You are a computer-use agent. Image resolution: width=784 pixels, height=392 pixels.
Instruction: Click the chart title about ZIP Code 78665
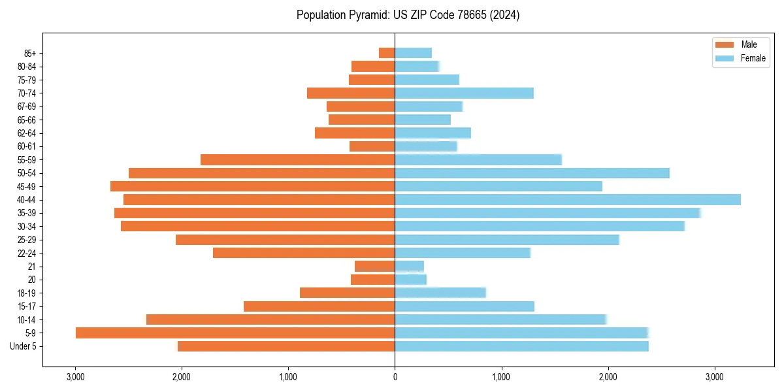pos(408,15)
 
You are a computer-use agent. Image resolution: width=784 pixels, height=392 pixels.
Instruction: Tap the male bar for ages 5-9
pos(235,333)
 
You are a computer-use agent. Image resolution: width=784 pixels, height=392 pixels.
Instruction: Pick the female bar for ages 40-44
pos(568,199)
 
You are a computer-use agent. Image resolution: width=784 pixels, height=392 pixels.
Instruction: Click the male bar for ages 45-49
pos(252,186)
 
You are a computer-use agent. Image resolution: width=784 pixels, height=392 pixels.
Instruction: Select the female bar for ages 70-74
pos(464,93)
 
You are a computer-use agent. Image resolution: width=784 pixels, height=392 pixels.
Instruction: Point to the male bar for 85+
pos(387,53)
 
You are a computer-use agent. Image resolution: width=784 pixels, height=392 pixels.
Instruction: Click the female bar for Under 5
pos(521,346)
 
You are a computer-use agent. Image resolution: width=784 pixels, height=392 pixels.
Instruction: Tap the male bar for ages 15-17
pos(319,306)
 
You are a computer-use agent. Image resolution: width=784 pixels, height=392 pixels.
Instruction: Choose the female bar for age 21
pos(409,266)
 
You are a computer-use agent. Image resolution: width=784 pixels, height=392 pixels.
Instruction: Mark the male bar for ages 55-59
pos(297,159)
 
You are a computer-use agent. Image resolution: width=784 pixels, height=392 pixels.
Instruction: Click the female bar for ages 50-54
pos(532,172)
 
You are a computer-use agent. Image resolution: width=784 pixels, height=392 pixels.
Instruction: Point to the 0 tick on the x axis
pos(395,377)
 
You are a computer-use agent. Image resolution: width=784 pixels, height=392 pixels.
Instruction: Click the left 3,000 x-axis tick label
pos(75,377)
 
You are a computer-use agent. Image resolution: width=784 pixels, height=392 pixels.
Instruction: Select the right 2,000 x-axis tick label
pos(608,377)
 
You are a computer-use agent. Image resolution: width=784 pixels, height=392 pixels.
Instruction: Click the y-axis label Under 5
pos(24,346)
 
